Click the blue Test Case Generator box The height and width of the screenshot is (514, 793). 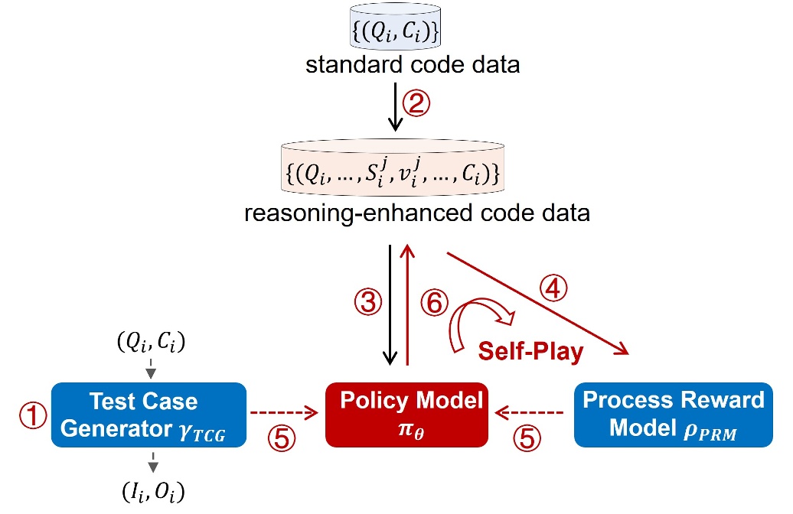pos(148,414)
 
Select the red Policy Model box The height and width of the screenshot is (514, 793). pos(406,414)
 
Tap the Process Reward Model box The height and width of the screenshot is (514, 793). pos(673,414)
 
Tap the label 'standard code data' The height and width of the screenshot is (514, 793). pos(413,65)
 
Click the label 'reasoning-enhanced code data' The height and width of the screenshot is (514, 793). pos(417,212)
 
